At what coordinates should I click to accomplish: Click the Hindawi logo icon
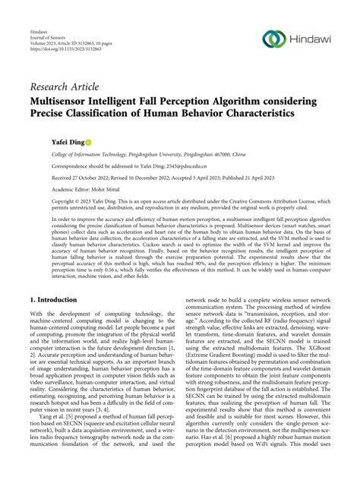click(x=273, y=39)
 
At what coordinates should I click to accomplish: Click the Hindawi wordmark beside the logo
click(x=313, y=39)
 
